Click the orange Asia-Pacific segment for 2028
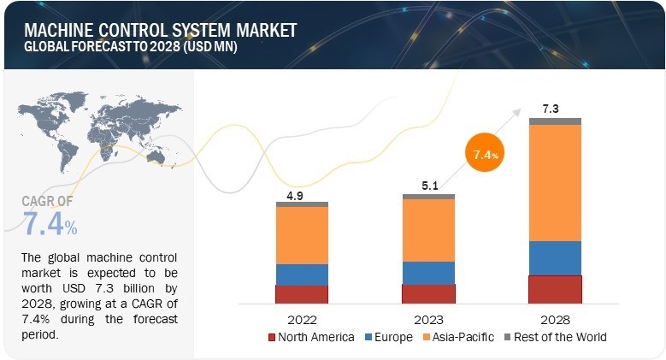[555, 182]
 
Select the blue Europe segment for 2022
[301, 274]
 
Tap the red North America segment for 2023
[428, 293]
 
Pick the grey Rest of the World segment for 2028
[555, 121]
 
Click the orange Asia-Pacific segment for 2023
[428, 230]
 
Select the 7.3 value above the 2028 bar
[552, 109]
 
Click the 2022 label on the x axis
[301, 318]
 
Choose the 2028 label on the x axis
[555, 318]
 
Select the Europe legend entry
[394, 337]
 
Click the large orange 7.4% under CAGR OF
[50, 225]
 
